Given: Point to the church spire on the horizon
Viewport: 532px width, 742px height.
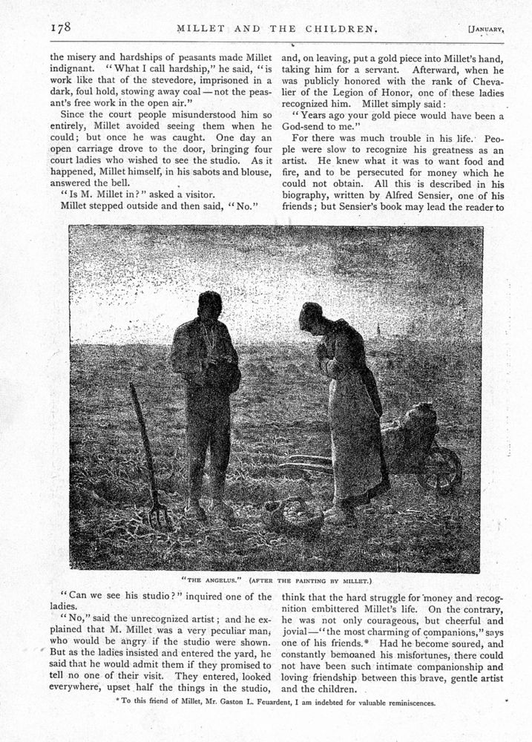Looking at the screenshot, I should click(378, 330).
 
